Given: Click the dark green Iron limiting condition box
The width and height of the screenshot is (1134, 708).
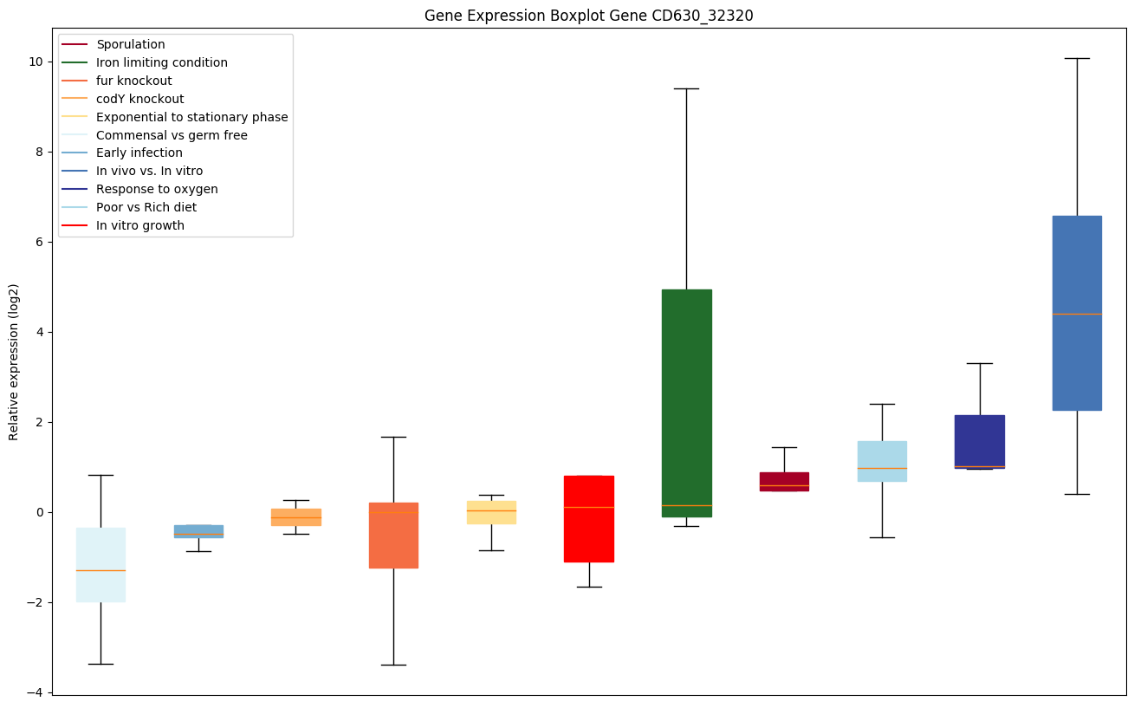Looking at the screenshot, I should point(686,403).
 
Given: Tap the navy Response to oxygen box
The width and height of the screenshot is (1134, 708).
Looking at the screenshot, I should point(979,441).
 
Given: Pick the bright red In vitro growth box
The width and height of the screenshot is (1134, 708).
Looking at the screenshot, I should point(589,518).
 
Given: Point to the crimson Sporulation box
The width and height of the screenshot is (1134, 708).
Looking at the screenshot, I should point(784,482).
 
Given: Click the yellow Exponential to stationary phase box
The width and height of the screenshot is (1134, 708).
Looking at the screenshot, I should point(491,512).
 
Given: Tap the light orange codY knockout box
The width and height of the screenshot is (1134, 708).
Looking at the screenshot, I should point(296,517).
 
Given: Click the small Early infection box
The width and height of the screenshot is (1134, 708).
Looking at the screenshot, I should point(198,531).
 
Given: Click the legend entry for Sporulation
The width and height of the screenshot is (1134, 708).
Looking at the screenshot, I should point(131,44).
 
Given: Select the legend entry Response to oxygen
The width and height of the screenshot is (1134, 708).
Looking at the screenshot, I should point(157,189).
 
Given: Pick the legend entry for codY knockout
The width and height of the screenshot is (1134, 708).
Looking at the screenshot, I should point(139,99).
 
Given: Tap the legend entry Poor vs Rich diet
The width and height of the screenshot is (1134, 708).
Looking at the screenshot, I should point(146,207).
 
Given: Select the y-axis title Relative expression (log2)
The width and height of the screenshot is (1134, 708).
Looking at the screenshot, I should point(14,362).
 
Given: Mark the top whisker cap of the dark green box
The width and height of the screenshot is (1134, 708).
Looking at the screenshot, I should point(686,88).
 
